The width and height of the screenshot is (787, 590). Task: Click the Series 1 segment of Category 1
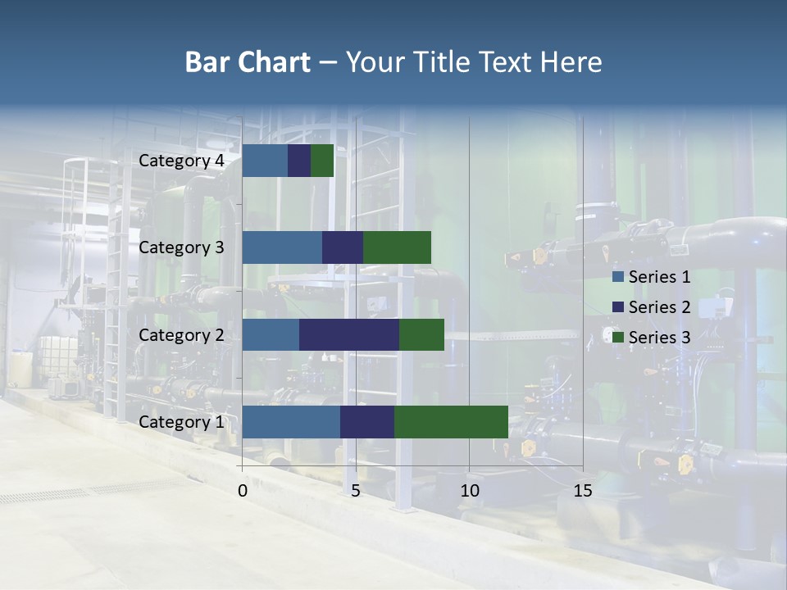pyautogui.click(x=291, y=422)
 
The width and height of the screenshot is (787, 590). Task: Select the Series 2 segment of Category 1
pyautogui.click(x=367, y=422)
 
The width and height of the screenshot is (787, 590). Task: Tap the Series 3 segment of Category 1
pyautogui.click(x=451, y=422)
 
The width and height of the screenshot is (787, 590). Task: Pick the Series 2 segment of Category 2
pyautogui.click(x=349, y=334)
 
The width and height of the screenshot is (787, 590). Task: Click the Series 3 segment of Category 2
pyautogui.click(x=421, y=334)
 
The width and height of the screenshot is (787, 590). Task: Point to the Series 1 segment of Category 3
pyautogui.click(x=282, y=247)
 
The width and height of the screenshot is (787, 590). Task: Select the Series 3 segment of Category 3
pyautogui.click(x=397, y=247)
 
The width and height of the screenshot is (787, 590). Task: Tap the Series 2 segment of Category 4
pyautogui.click(x=299, y=161)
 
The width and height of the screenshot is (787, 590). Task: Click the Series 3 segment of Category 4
pyautogui.click(x=322, y=161)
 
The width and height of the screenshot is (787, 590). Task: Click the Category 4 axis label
pyautogui.click(x=181, y=161)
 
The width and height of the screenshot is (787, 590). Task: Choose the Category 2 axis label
pyautogui.click(x=181, y=334)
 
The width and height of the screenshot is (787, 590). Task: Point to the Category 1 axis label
pyautogui.click(x=181, y=422)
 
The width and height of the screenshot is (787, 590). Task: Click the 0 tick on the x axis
pyautogui.click(x=243, y=491)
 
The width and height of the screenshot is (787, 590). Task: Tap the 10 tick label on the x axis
pyautogui.click(x=469, y=491)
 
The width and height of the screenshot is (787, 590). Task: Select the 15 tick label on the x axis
pyautogui.click(x=583, y=491)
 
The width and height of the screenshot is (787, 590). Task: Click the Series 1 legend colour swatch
pyautogui.click(x=618, y=277)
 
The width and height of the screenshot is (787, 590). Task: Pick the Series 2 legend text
pyautogui.click(x=659, y=307)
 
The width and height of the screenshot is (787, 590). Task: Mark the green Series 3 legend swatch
pyautogui.click(x=618, y=338)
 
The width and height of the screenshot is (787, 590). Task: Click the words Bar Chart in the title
pyautogui.click(x=247, y=62)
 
